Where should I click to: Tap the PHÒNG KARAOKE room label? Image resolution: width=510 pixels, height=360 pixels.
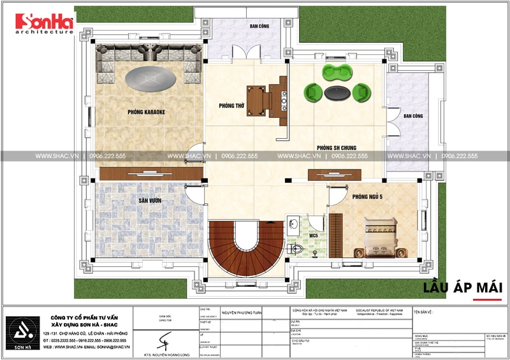146,112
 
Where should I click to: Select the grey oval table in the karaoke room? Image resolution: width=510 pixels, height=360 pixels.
150,80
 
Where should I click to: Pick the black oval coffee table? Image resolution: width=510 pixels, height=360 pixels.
335,93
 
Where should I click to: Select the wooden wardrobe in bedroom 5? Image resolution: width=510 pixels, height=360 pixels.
335,234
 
